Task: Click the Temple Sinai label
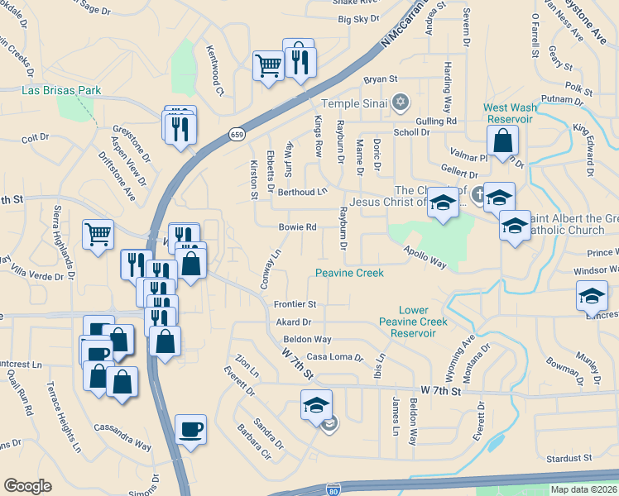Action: point(355,103)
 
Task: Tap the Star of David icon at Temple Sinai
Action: point(401,103)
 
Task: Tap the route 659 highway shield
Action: point(236,134)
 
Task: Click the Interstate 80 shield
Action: point(333,489)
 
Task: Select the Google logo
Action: point(28,486)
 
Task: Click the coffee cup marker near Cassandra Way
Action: point(191,430)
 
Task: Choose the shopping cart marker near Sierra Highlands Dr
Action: point(98,235)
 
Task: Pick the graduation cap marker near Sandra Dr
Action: point(316,405)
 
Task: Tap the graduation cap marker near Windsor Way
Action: point(593,296)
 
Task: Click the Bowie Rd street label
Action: point(299,227)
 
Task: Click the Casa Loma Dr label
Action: point(335,357)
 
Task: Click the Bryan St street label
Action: point(381,79)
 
